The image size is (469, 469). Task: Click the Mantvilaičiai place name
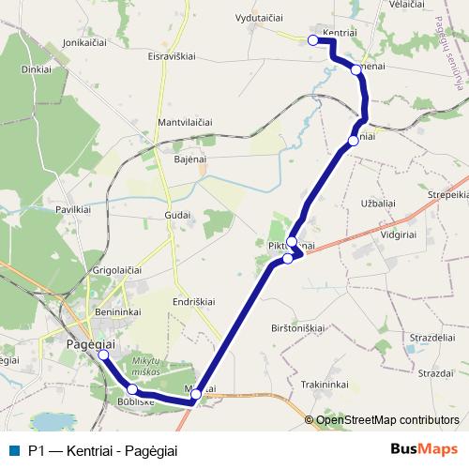pos(186,123)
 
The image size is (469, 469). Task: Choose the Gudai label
pos(177,215)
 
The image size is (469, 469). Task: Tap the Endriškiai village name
pos(195,301)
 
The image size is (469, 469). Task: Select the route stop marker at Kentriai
pos(312,40)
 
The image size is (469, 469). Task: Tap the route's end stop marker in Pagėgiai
pos(103,356)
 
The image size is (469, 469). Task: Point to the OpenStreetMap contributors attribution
pos(387,419)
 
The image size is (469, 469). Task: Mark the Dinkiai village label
pos(37,69)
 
